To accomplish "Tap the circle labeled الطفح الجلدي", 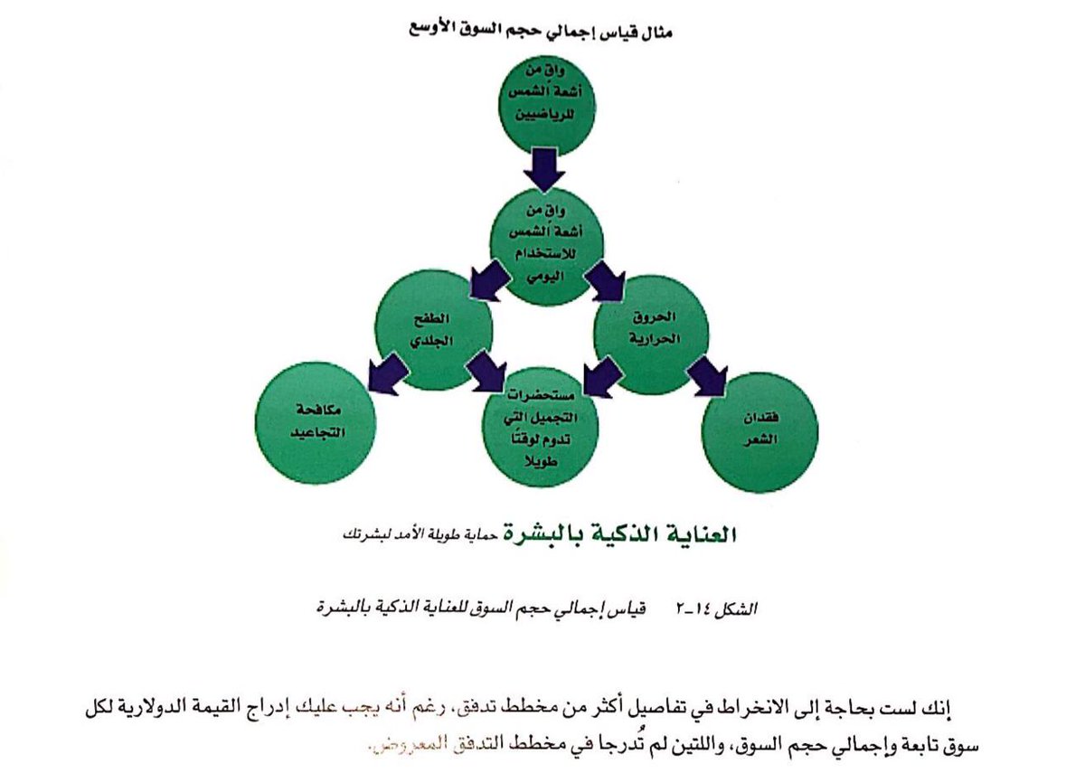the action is click(x=434, y=334).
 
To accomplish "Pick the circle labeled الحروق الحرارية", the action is click(x=651, y=334).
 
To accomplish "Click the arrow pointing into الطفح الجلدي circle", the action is click(x=488, y=280).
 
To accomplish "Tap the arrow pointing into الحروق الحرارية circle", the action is click(x=603, y=281).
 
